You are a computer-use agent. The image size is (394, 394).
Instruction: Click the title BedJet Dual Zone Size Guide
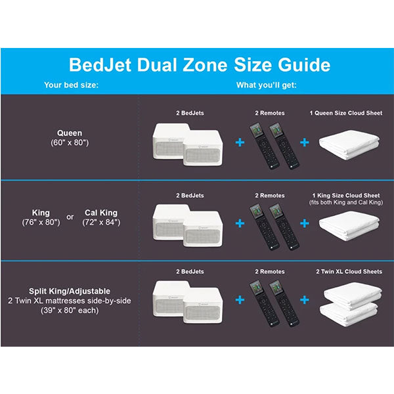click(x=199, y=65)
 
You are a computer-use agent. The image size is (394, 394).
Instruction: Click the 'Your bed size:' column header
click(x=71, y=85)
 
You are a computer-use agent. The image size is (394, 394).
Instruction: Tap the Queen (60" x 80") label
click(x=70, y=137)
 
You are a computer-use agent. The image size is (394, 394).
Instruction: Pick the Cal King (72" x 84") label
click(x=101, y=217)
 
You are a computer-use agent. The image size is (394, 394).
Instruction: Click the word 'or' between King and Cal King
click(x=71, y=218)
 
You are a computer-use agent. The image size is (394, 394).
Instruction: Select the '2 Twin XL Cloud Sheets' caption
click(x=345, y=271)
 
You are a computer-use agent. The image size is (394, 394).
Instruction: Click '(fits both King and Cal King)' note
click(x=345, y=202)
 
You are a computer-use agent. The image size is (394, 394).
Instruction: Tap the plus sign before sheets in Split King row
click(x=304, y=300)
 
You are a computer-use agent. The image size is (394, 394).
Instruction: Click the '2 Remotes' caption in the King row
click(x=270, y=195)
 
